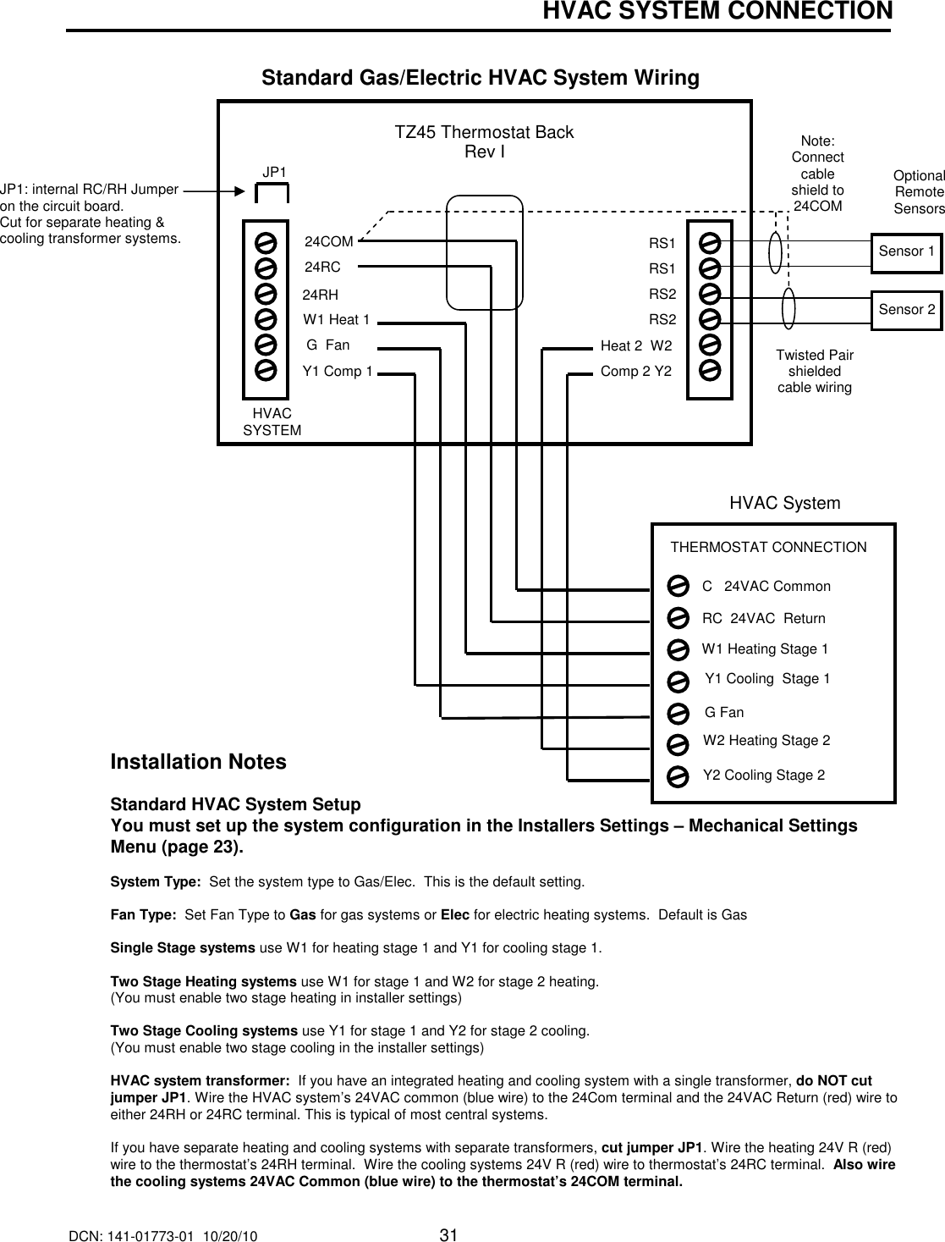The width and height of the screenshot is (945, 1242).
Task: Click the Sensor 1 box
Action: click(x=906, y=251)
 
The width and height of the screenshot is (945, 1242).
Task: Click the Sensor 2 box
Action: click(x=906, y=309)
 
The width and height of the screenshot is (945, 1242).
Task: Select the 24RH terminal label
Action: click(x=321, y=295)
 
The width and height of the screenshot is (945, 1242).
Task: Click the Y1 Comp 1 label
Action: click(x=338, y=371)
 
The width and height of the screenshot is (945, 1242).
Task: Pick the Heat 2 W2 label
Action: click(x=635, y=346)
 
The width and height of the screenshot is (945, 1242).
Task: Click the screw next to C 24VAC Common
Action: click(x=677, y=587)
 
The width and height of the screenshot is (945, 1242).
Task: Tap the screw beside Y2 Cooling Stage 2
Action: click(x=677, y=776)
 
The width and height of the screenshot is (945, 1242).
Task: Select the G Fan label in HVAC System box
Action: click(x=724, y=713)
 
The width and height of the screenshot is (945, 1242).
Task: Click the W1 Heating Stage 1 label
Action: click(x=765, y=649)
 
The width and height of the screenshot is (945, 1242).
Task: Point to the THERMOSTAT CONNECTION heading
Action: click(x=768, y=548)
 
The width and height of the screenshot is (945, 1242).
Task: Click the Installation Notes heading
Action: click(x=199, y=762)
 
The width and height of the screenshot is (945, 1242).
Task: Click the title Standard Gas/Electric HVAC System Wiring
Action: click(x=481, y=79)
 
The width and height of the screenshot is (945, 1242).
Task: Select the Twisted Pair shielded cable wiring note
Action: click(x=815, y=371)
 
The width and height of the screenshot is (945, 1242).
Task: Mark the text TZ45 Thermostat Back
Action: click(x=484, y=133)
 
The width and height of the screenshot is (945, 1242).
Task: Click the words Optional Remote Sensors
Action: click(x=919, y=191)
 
